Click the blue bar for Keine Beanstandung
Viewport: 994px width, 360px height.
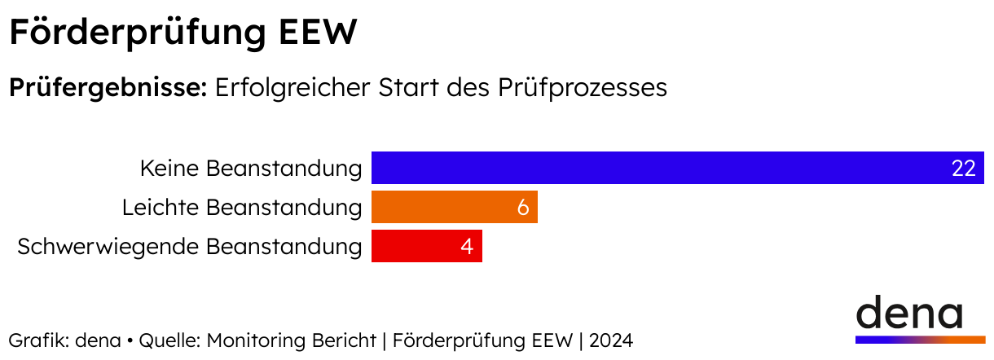point(652,168)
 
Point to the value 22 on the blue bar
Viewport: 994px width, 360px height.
point(963,169)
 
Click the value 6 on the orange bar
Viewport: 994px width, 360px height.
point(522,208)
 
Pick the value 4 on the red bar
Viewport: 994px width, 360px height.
point(467,247)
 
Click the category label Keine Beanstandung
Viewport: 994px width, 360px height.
point(250,169)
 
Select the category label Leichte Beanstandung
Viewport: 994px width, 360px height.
point(241,208)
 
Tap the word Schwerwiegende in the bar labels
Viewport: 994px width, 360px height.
point(108,247)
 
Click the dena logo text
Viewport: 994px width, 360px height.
point(908,313)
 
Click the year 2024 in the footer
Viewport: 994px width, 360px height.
point(612,340)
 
